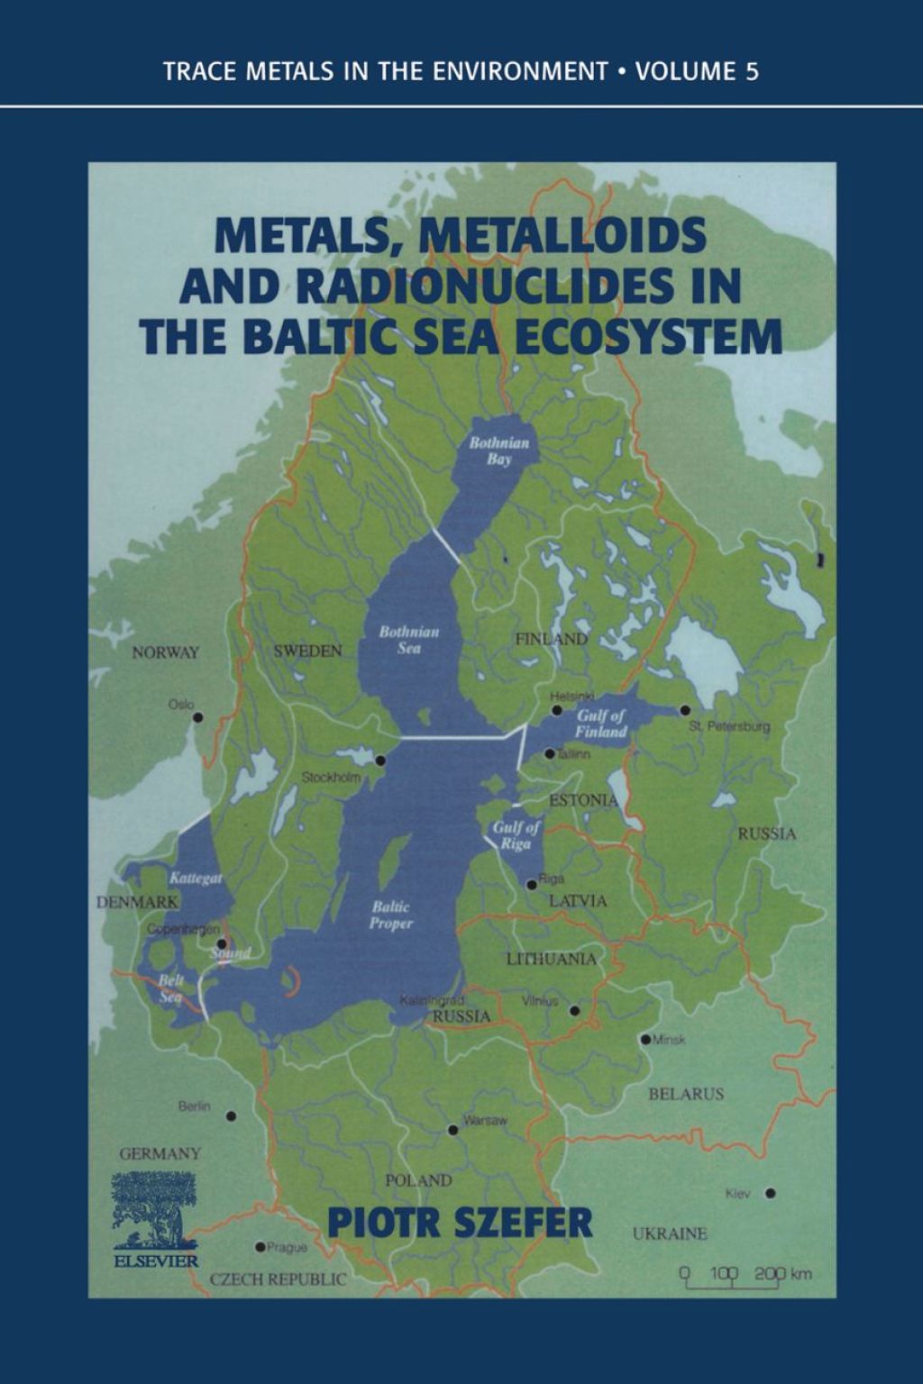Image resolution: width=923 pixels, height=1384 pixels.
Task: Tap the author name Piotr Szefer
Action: (x=460, y=1223)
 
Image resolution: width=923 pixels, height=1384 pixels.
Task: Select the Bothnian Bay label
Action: (x=498, y=451)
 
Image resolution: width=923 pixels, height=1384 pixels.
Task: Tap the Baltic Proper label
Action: (x=391, y=915)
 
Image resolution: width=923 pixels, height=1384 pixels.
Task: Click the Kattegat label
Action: (x=196, y=878)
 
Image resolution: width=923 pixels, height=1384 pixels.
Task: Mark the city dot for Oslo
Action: (x=198, y=718)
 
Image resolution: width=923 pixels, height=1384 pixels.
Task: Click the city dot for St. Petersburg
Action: (x=685, y=710)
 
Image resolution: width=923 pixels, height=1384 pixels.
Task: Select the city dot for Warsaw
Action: (x=452, y=1130)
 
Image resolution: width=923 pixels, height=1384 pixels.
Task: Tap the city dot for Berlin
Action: (x=232, y=1115)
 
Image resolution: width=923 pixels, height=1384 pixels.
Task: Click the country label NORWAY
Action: (x=165, y=652)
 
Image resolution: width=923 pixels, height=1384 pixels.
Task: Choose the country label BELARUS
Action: (x=686, y=1094)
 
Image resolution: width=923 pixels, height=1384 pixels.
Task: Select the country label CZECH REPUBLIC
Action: (x=278, y=1279)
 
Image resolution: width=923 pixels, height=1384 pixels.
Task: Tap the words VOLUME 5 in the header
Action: (x=697, y=72)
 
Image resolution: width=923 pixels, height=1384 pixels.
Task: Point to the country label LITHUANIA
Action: (x=551, y=959)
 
